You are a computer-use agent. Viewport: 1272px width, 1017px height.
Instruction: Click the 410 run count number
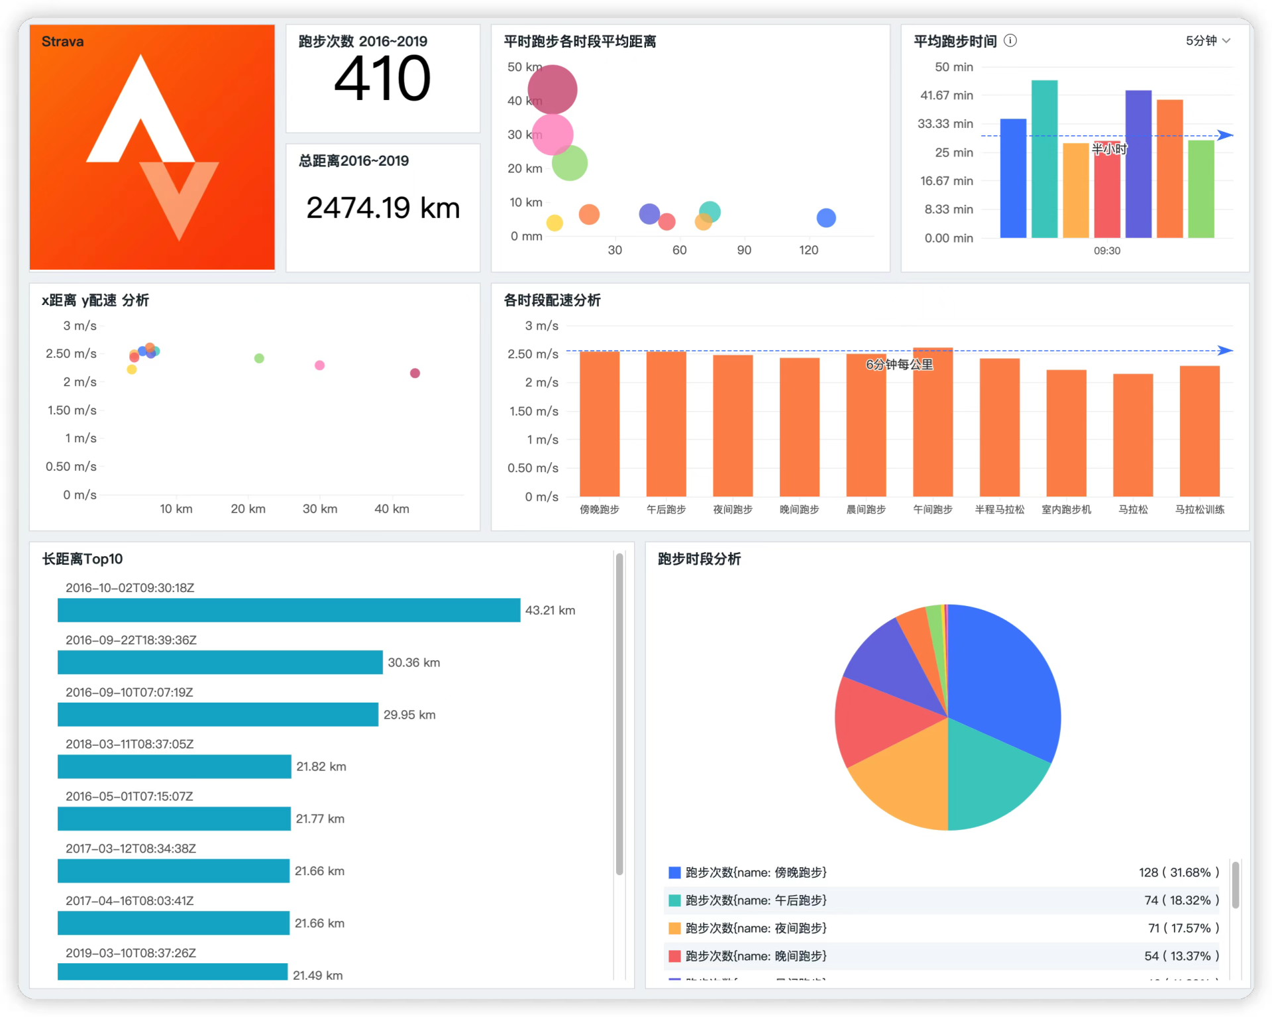coord(382,79)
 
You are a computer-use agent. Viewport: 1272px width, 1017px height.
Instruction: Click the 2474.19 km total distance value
coord(382,208)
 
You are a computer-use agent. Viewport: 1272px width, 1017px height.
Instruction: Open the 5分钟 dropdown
coord(1207,41)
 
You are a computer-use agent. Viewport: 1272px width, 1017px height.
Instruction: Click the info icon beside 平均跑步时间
coord(1010,41)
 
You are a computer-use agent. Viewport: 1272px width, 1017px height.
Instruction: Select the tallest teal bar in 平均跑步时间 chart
coord(1044,159)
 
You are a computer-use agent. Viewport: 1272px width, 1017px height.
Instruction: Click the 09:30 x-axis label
coord(1107,251)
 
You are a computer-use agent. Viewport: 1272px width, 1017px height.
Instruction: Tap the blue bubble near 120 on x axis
coord(826,217)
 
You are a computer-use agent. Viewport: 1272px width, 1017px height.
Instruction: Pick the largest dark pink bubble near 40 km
coord(553,90)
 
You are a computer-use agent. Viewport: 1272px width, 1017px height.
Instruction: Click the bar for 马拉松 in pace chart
coord(1133,435)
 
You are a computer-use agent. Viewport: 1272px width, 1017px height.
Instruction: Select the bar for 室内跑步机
coord(1066,433)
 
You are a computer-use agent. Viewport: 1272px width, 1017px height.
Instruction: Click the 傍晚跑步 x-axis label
coord(599,509)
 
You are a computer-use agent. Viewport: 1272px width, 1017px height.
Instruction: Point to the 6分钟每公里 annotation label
coord(899,365)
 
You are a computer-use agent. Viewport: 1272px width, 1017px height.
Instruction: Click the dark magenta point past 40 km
coord(415,373)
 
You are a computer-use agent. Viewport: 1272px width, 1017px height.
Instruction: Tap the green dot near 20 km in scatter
coord(259,358)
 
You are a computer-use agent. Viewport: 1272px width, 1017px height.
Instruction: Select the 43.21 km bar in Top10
coord(289,610)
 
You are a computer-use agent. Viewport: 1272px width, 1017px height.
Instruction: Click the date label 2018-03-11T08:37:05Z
coord(130,744)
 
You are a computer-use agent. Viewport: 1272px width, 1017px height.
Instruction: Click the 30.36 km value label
coord(413,662)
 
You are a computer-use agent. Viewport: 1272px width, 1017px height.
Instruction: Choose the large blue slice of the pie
coord(1000,683)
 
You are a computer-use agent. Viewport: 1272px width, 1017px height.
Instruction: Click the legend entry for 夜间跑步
coord(755,928)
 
